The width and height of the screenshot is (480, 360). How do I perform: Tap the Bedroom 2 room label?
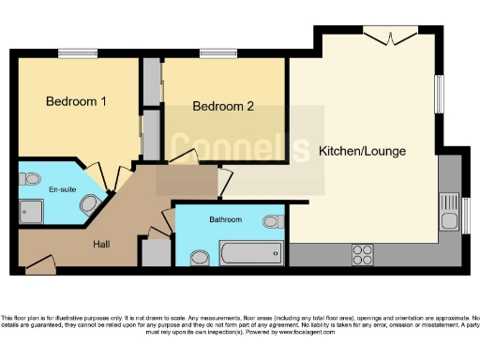[223, 106]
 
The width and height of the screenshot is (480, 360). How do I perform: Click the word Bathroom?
[225, 219]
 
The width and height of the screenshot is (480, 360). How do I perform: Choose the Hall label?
[102, 245]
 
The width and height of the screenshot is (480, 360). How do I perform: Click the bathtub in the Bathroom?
[250, 253]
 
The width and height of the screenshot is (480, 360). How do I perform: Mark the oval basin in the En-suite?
[91, 204]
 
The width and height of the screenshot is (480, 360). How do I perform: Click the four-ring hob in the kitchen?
[362, 253]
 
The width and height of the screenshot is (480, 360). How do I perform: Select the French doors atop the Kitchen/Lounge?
[389, 36]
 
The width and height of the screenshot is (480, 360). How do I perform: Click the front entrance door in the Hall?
[38, 269]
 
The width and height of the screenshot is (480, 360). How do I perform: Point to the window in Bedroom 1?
[78, 52]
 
